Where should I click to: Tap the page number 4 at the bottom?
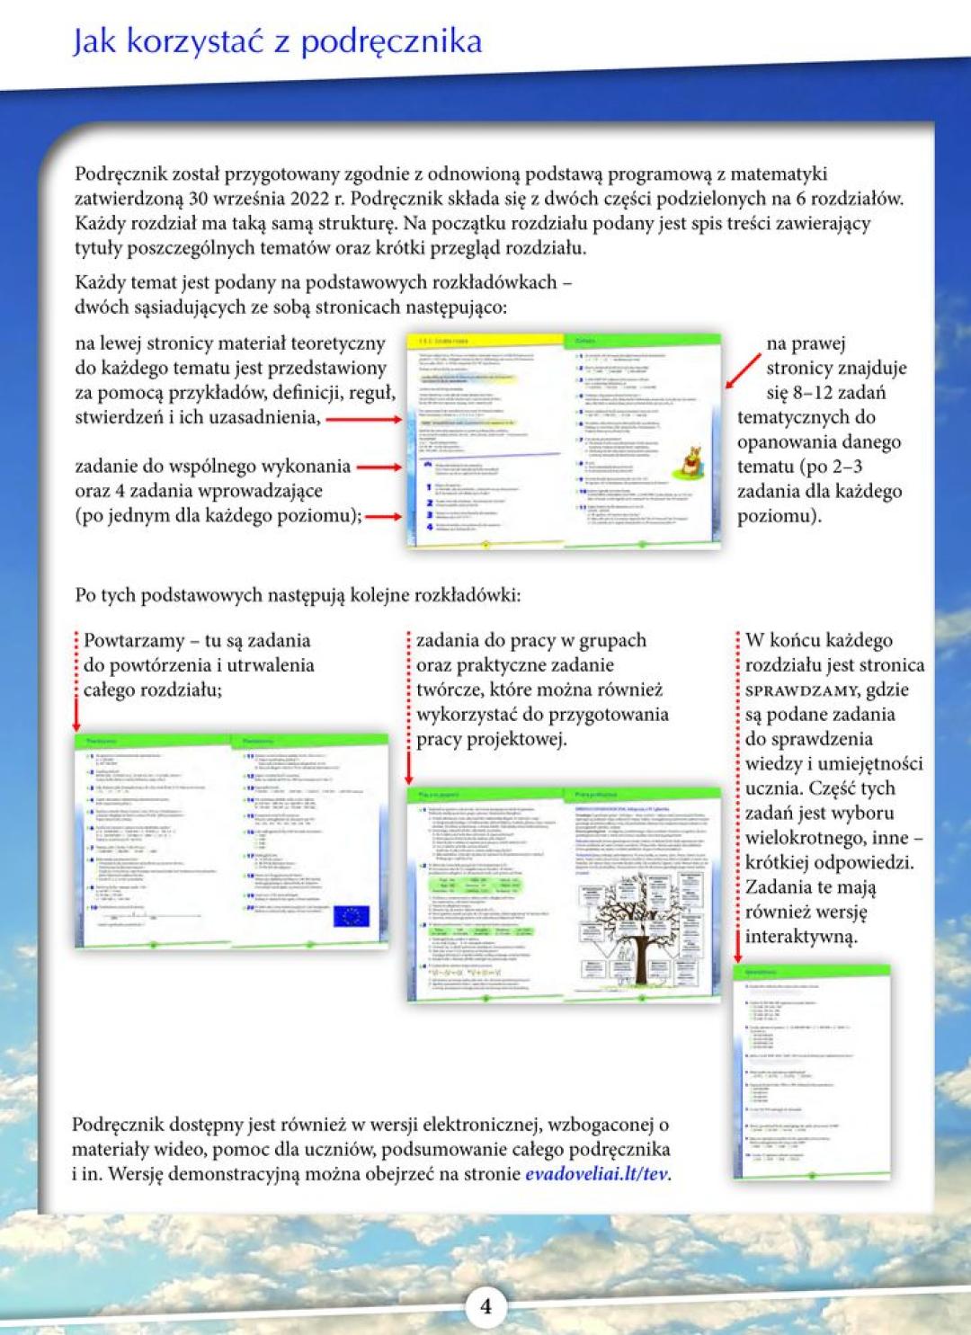tap(485, 1305)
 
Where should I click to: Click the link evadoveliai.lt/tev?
tap(597, 1173)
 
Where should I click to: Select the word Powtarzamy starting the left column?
tap(130, 641)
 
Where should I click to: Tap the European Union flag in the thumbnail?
tap(351, 916)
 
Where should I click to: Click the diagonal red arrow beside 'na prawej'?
tap(744, 370)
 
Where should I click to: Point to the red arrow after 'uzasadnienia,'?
tap(361, 418)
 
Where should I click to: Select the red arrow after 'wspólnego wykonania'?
tap(379, 467)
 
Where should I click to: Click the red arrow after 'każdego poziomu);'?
tap(383, 516)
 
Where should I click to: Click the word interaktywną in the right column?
tap(801, 936)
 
